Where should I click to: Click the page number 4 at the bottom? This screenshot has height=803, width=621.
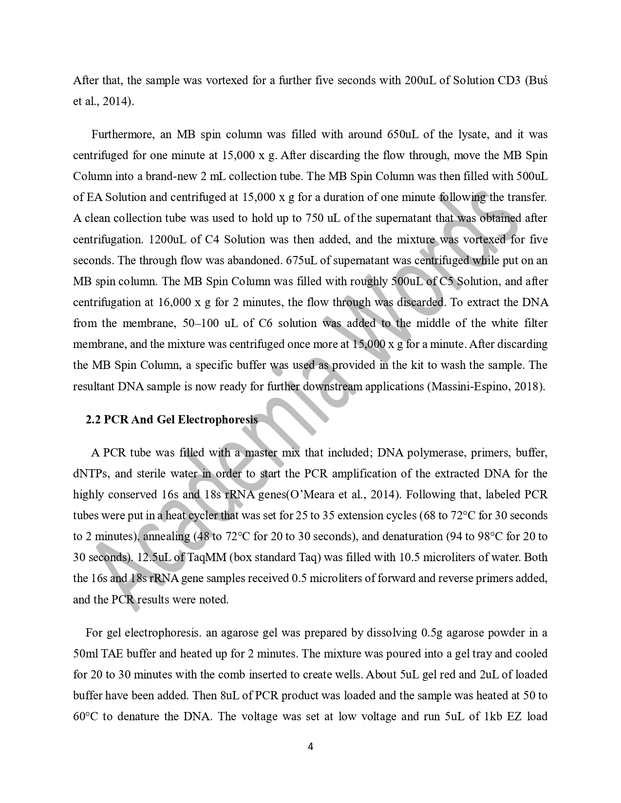click(x=310, y=747)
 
